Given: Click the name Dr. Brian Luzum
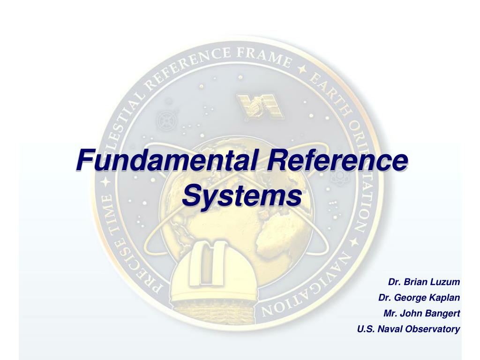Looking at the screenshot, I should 424,282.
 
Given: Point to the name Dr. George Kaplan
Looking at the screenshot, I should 419,298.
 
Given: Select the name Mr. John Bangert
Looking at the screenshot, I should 421,313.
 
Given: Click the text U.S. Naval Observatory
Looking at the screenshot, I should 408,329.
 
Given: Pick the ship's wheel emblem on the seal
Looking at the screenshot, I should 166,120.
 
